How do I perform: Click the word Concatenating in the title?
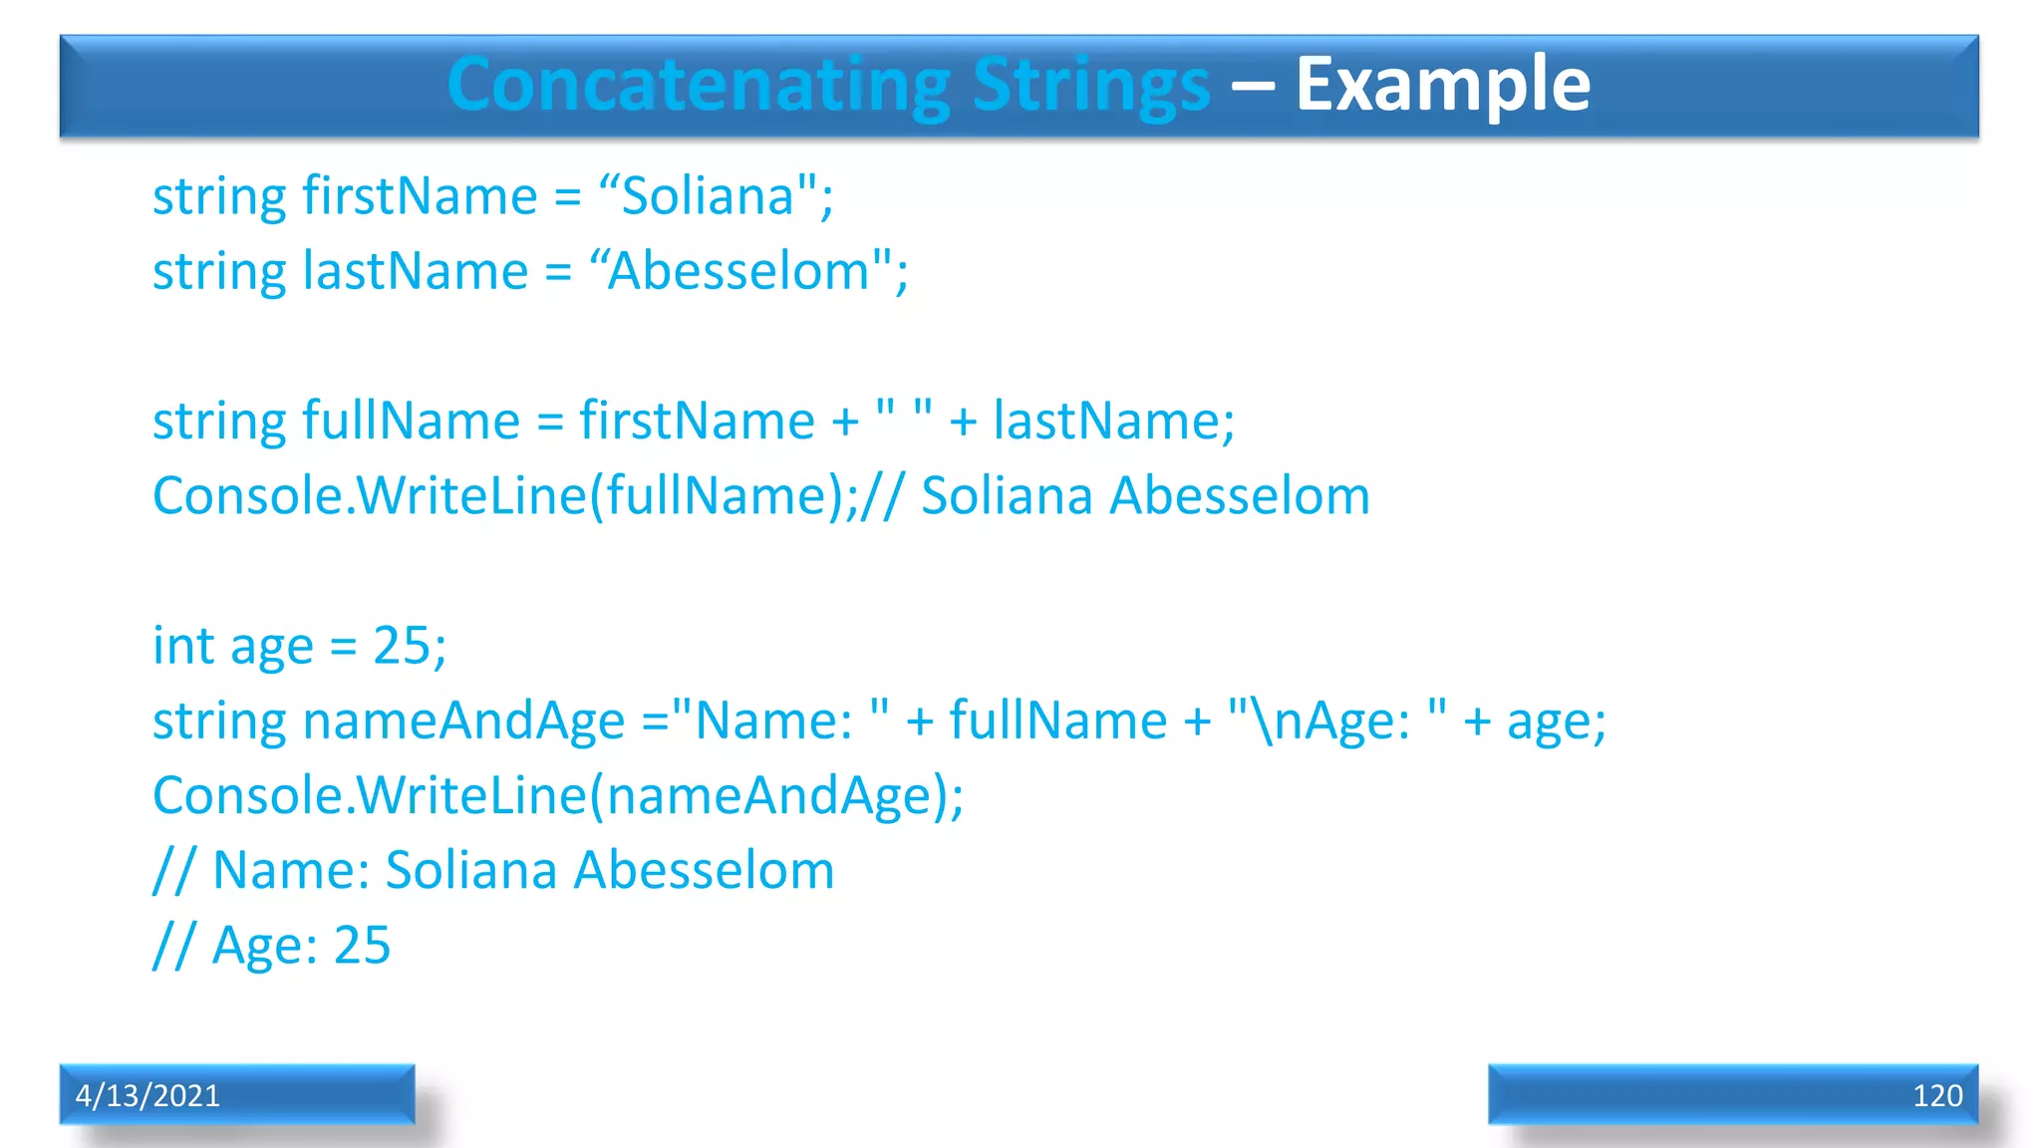[x=698, y=85]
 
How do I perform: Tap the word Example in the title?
[x=1442, y=85]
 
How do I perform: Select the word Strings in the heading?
[x=1090, y=85]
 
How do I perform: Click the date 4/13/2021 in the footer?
[x=147, y=1095]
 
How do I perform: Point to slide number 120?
[x=1936, y=1095]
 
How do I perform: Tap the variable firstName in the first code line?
[x=420, y=196]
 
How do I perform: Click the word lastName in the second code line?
[x=415, y=271]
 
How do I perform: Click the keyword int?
[x=183, y=646]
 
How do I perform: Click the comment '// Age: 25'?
[x=271, y=946]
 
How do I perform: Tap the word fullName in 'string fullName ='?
[x=411, y=421]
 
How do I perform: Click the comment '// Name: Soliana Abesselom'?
[x=493, y=871]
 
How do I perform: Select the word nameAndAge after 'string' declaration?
[x=463, y=720]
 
